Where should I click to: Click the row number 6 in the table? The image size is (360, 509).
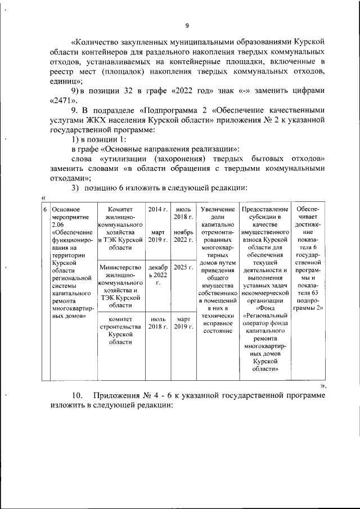(x=45, y=209)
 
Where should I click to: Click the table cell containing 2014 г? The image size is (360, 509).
(x=157, y=209)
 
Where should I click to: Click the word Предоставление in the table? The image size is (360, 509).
(x=264, y=209)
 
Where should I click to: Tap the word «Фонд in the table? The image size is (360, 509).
(x=264, y=308)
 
